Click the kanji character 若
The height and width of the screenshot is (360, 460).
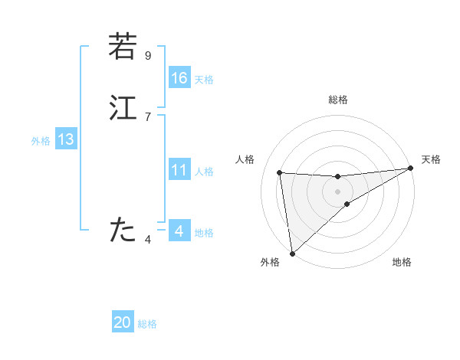122,47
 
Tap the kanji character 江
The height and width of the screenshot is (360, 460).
122,107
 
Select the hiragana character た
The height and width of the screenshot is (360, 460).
122,229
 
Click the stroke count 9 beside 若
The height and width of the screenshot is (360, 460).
148,56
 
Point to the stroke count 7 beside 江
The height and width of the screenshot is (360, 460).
148,116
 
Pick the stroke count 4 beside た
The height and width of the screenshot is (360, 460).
148,239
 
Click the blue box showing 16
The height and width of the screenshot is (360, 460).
179,77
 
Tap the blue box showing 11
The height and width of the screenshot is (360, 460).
179,169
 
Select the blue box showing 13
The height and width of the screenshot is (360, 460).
65,139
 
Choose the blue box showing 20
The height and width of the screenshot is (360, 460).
123,322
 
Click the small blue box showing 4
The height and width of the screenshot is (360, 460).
179,231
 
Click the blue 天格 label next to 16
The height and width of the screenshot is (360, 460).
204,79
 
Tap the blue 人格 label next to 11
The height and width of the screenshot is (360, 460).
204,171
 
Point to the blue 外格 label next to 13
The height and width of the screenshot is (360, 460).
41,141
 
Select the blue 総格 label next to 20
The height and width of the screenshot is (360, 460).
147,324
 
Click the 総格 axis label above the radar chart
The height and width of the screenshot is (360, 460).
338,100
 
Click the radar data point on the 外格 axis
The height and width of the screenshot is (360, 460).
291,253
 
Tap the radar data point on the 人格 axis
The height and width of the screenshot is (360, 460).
280,172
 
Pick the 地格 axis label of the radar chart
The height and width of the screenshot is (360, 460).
402,263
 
